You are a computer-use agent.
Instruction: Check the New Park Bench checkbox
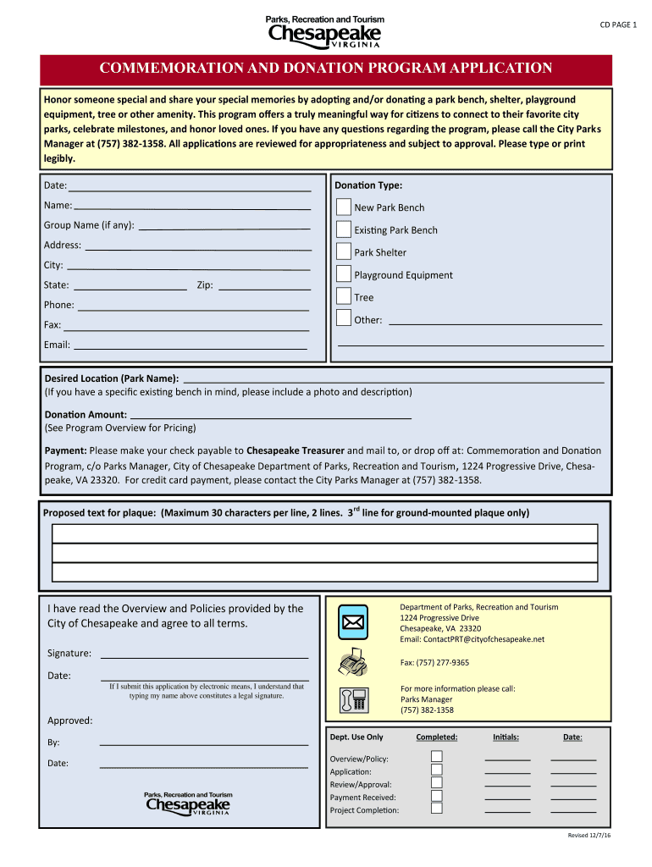point(343,207)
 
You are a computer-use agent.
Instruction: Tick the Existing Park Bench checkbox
point(343,229)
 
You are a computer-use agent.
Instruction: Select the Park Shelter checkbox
point(343,251)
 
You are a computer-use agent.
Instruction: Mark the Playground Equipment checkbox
point(343,273)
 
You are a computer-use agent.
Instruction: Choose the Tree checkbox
point(343,296)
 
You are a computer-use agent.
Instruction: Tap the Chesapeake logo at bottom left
point(188,804)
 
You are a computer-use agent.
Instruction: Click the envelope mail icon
point(352,623)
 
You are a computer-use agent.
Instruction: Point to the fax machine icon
point(352,661)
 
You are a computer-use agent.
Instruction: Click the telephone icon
point(352,699)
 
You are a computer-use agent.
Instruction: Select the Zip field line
point(263,285)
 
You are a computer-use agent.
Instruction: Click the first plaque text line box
point(324,533)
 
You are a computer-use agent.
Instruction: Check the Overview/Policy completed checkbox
point(437,757)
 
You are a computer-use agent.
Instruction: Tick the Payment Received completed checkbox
point(437,796)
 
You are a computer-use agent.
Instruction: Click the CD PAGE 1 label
point(618,25)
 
